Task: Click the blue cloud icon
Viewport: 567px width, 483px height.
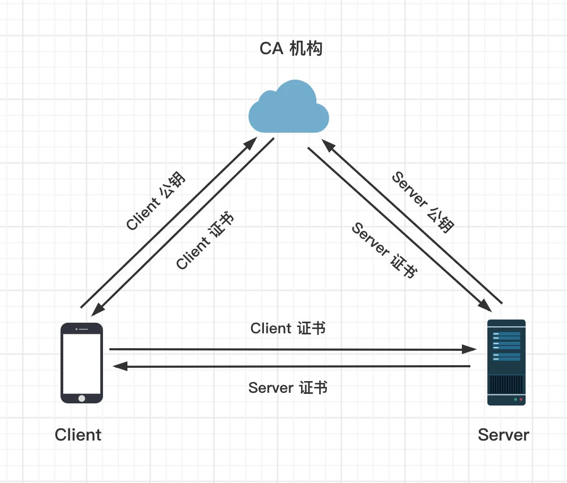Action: pos(289,108)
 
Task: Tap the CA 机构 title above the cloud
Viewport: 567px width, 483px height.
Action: pos(290,49)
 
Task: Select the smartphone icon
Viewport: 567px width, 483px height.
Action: pos(81,363)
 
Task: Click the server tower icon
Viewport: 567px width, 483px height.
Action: pos(506,362)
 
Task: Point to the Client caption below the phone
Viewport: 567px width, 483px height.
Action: pos(78,435)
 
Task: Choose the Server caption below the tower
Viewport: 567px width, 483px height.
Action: pos(503,435)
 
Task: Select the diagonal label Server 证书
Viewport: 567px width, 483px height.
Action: pos(383,250)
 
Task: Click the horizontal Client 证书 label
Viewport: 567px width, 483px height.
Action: pos(288,329)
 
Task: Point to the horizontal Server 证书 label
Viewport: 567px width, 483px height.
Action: pos(288,388)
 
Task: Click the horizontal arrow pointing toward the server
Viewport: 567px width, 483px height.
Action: pos(292,349)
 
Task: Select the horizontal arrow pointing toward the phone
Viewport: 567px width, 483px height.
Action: pos(292,366)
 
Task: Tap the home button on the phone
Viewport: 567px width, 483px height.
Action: pos(81,398)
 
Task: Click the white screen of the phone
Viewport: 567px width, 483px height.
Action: pos(81,363)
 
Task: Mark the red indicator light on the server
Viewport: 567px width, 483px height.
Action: pos(521,399)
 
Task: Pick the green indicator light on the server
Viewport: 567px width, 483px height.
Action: pos(514,399)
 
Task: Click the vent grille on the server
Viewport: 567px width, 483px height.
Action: pos(506,383)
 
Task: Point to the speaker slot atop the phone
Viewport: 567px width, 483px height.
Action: pos(83,329)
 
